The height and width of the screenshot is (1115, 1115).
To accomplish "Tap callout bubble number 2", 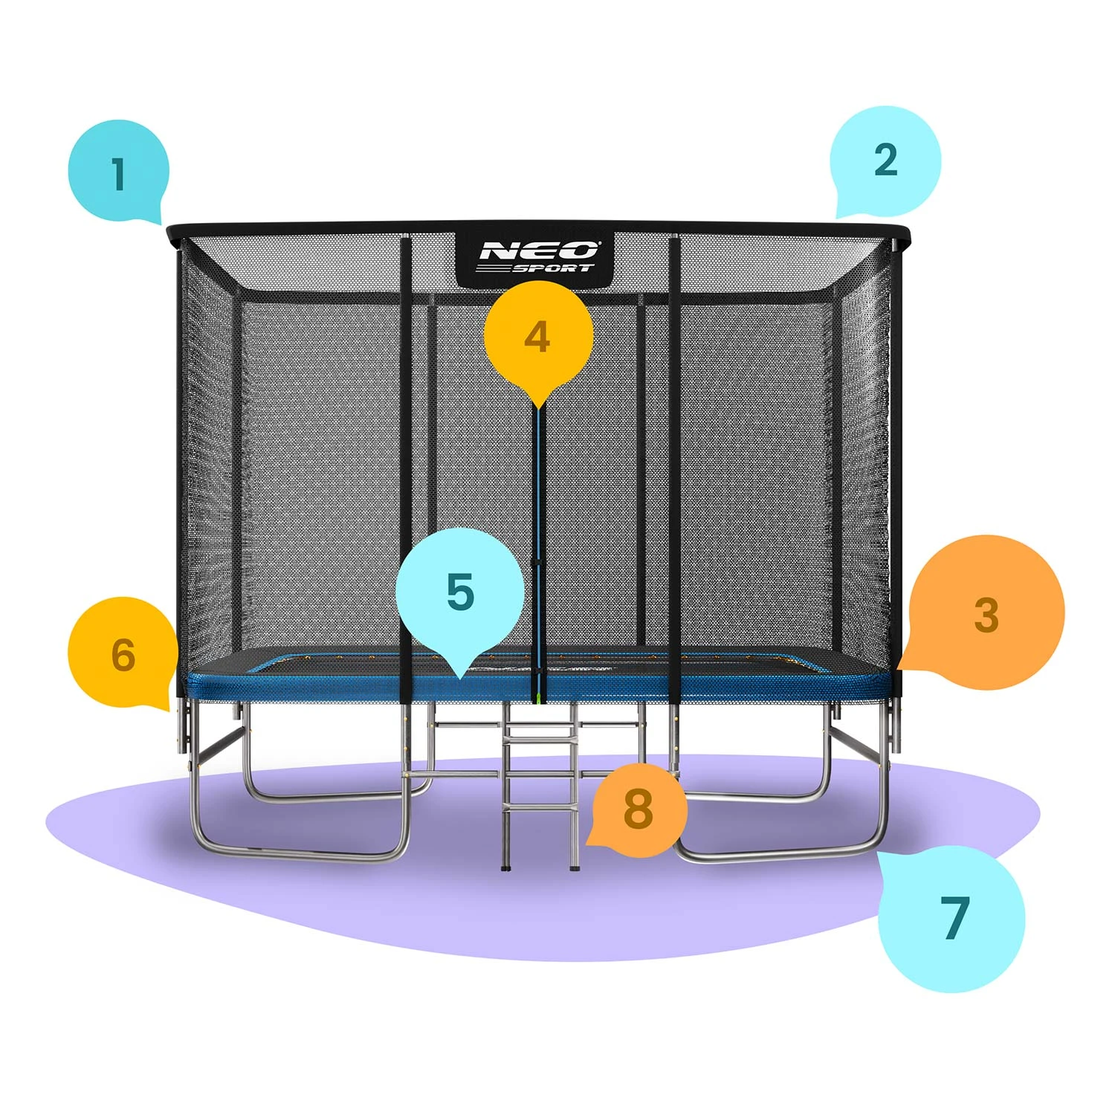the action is [x=885, y=161].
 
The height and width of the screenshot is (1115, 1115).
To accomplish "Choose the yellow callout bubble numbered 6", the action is [x=123, y=653].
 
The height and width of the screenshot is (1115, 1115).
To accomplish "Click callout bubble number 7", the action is [x=952, y=918].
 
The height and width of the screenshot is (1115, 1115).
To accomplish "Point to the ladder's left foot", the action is [x=506, y=865].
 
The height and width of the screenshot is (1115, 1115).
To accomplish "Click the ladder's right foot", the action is [x=574, y=865].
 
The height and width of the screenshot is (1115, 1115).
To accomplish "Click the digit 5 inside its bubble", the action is [x=460, y=592].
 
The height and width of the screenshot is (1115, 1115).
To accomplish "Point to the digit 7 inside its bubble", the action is [x=955, y=917].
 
